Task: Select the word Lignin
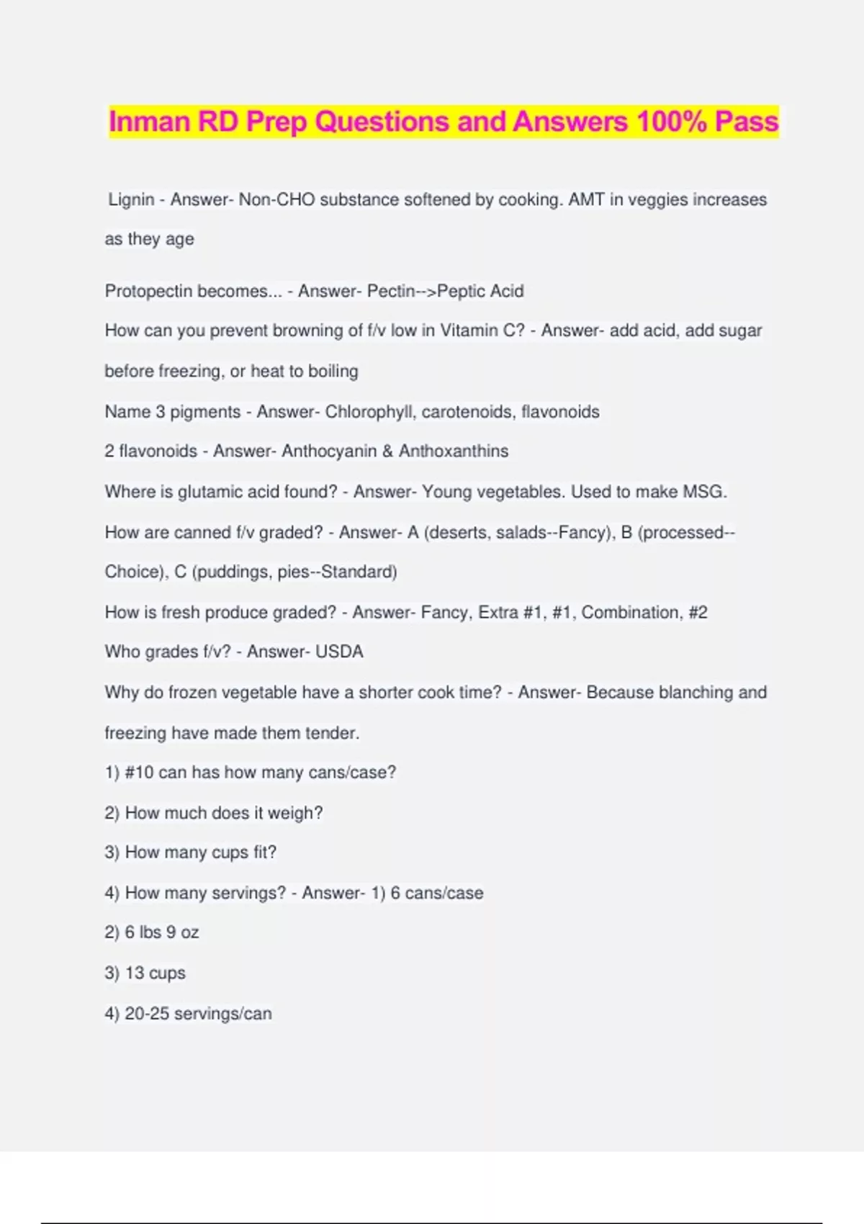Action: [x=131, y=199]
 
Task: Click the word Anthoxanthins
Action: [x=454, y=451]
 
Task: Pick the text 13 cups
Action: [x=155, y=973]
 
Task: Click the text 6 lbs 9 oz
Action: [x=161, y=932]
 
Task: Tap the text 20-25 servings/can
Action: [x=198, y=1014]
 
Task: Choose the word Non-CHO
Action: [x=276, y=199]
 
